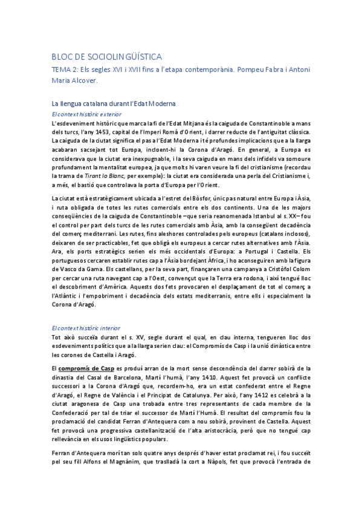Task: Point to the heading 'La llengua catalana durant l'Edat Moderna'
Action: (113, 103)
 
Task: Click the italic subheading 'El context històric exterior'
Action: (86, 113)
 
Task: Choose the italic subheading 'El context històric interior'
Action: (86, 327)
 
